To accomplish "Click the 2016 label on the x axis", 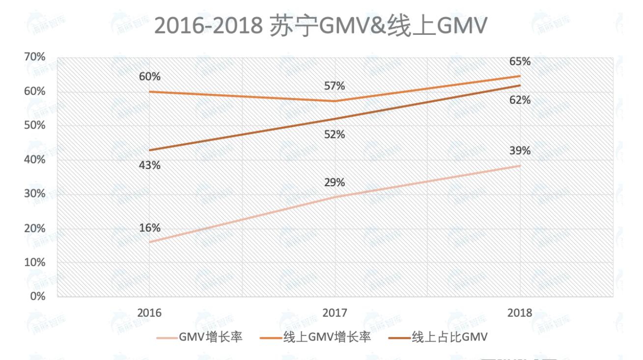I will click(x=149, y=313).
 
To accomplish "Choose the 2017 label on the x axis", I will click(x=335, y=313).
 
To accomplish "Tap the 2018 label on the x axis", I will click(x=520, y=313).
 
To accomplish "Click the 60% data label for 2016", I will click(x=149, y=77).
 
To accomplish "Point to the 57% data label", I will click(x=335, y=86).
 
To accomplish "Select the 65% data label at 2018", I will click(x=520, y=62).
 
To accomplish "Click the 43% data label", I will click(x=149, y=166).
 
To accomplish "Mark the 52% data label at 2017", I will click(x=335, y=134).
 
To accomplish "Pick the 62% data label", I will click(x=520, y=100).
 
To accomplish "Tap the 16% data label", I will click(x=149, y=228).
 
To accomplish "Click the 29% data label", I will click(x=335, y=182).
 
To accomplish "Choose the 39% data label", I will click(x=520, y=151).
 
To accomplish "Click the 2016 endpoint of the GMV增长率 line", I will click(x=149, y=242).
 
